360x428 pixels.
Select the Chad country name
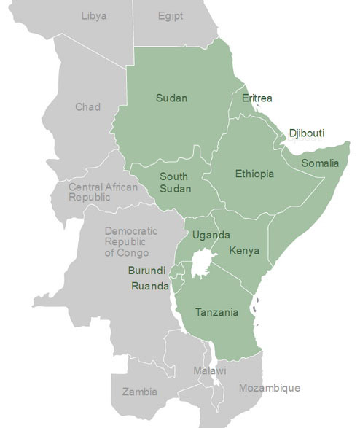point(88,107)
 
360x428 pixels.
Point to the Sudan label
point(171,98)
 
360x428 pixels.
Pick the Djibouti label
point(306,133)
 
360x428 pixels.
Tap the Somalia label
point(320,162)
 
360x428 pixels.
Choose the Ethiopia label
point(254,174)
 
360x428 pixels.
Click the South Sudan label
point(175,183)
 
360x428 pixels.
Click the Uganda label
point(211,235)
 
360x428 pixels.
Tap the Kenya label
point(243,251)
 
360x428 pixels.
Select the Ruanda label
point(150,286)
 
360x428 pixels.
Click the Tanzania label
point(216,313)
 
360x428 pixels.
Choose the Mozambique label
point(269,388)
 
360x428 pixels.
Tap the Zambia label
point(139,392)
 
